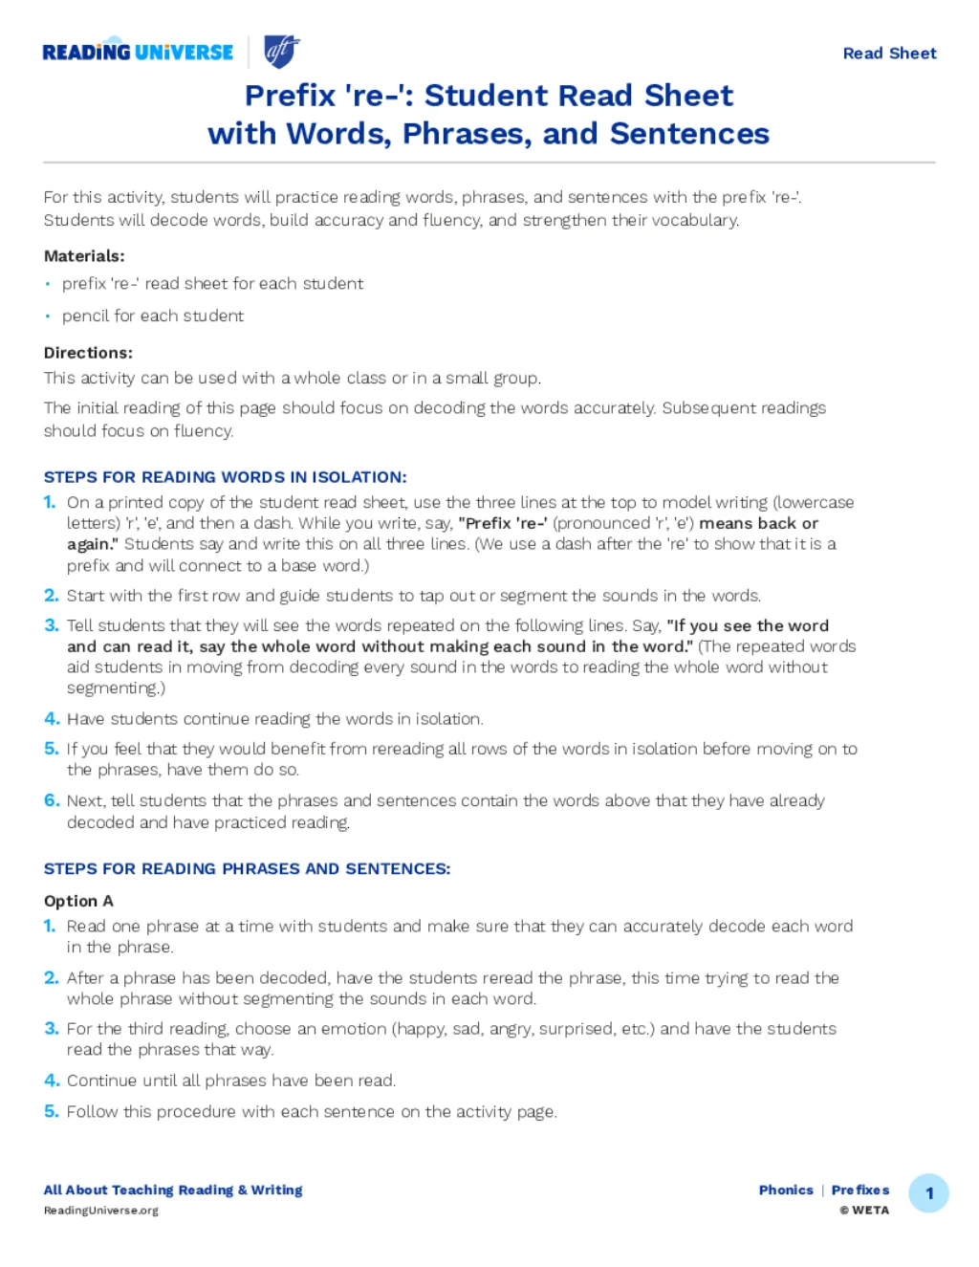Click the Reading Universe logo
click(x=138, y=52)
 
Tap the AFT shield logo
click(x=281, y=52)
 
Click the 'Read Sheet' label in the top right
click(x=889, y=54)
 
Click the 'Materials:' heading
click(x=84, y=256)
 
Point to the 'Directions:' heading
click(x=88, y=353)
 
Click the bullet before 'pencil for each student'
click(x=48, y=317)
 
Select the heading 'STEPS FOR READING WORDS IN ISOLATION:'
click(x=225, y=477)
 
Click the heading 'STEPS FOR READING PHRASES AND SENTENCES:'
click(x=247, y=869)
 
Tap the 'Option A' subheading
click(x=78, y=901)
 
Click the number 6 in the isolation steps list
click(x=51, y=800)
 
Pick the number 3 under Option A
click(x=51, y=1029)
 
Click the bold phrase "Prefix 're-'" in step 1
click(x=503, y=523)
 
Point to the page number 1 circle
click(x=928, y=1193)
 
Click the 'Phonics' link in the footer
click(x=786, y=1191)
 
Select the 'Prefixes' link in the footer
click(x=860, y=1191)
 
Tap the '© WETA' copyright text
click(x=864, y=1211)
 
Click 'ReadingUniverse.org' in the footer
click(x=101, y=1211)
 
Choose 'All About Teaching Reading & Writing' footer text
click(x=173, y=1191)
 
